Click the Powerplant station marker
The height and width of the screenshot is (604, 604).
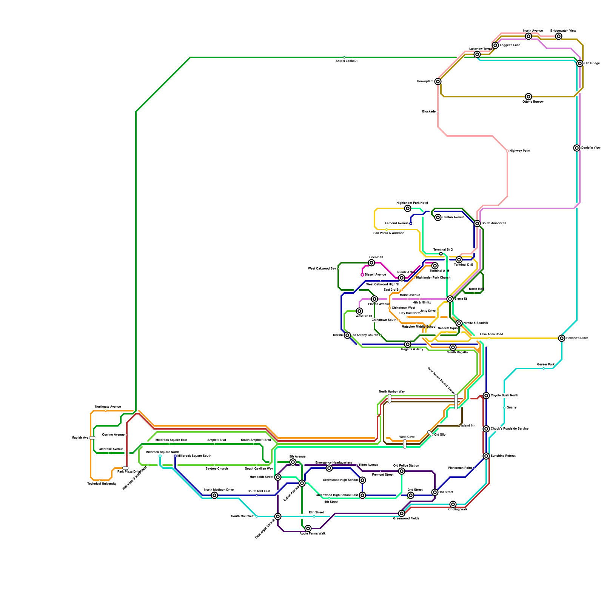[x=438, y=82]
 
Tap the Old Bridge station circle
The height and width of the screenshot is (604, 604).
[x=580, y=63]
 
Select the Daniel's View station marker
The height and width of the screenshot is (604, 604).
[x=577, y=148]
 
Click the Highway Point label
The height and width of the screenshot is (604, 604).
[x=520, y=151]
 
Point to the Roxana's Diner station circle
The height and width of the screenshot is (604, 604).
[x=562, y=338]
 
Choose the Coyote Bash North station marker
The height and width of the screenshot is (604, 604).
[x=486, y=396]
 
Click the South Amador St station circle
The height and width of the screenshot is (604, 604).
[x=477, y=223]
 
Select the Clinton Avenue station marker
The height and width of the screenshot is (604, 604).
[x=438, y=217]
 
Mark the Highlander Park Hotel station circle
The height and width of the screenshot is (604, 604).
[x=408, y=208]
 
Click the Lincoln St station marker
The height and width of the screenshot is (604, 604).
[x=371, y=263]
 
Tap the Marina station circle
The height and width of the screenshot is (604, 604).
[x=347, y=335]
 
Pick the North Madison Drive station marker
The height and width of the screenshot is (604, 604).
[x=214, y=495]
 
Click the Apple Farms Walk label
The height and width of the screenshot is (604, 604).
[x=313, y=534]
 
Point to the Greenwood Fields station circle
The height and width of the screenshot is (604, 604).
[x=402, y=513]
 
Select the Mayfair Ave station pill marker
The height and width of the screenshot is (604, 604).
[x=92, y=438]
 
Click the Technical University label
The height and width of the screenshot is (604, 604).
[x=102, y=484]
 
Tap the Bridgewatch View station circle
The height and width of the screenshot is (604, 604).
[x=559, y=36]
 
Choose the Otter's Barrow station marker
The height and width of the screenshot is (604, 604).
[x=528, y=97]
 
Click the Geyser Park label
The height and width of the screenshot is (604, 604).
[x=546, y=365]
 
